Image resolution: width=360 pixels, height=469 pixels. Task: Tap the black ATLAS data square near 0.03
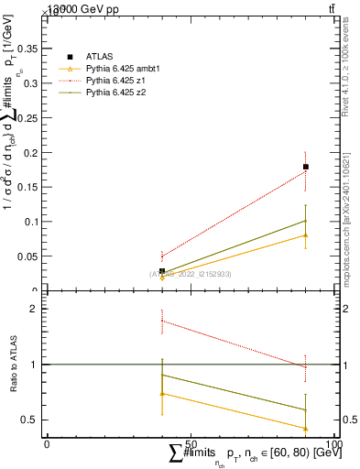(x=162, y=271)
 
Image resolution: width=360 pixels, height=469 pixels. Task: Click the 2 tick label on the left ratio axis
(x=33, y=310)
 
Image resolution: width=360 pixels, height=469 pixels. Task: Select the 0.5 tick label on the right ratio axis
(x=349, y=420)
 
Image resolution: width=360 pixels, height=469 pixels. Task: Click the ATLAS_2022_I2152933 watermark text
(x=191, y=274)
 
